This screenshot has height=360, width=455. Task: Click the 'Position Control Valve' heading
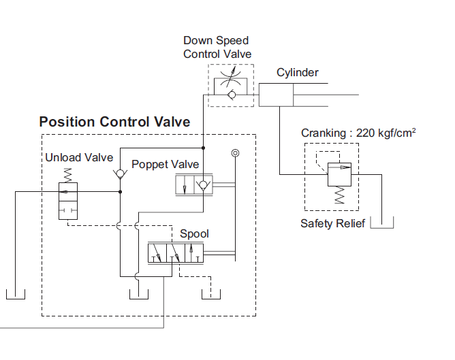pyautogui.click(x=114, y=122)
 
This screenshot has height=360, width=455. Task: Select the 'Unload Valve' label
pyautogui.click(x=79, y=158)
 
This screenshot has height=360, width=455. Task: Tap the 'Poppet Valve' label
pyautogui.click(x=165, y=164)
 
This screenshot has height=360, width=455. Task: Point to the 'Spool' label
pyautogui.click(x=194, y=234)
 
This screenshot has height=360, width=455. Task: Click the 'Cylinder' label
pyautogui.click(x=297, y=73)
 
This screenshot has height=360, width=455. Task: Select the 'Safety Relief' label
pyautogui.click(x=333, y=223)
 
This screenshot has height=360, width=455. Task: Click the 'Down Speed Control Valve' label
pyautogui.click(x=217, y=47)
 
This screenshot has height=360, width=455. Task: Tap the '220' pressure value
pyautogui.click(x=366, y=133)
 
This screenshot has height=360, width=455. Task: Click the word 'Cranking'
pyautogui.click(x=324, y=133)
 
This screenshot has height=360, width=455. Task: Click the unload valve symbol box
pyautogui.click(x=69, y=200)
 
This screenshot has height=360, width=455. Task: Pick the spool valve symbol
pyautogui.click(x=176, y=255)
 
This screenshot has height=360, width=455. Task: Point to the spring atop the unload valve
pyautogui.click(x=69, y=175)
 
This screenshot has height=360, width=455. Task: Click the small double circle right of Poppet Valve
pyautogui.click(x=235, y=154)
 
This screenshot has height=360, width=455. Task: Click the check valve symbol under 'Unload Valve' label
pyautogui.click(x=120, y=174)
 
